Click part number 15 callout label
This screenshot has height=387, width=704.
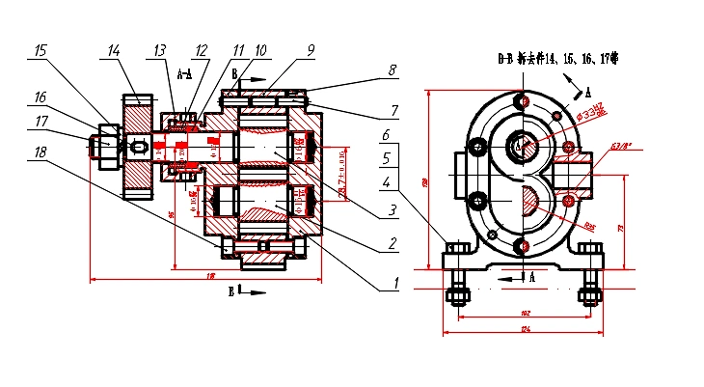pyautogui.click(x=40, y=49)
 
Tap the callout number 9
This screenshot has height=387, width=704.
pyautogui.click(x=311, y=48)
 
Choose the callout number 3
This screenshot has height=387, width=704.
pyautogui.click(x=393, y=209)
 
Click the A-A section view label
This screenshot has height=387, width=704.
pyautogui.click(x=185, y=72)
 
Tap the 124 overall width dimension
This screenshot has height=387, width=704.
pyautogui.click(x=524, y=329)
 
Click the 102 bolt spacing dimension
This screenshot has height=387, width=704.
pyautogui.click(x=524, y=313)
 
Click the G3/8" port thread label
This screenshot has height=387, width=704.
pyautogui.click(x=620, y=148)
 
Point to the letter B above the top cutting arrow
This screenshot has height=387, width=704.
pyautogui.click(x=234, y=73)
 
